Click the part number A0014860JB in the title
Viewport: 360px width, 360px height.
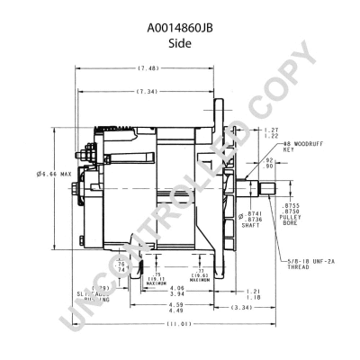click(179, 27)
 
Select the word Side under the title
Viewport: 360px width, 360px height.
click(179, 42)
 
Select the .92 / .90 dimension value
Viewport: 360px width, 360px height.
click(270, 163)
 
